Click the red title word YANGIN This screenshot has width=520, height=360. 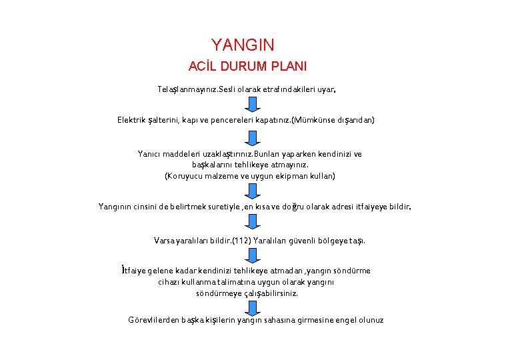(x=243, y=45)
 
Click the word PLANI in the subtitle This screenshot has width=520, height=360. (x=288, y=67)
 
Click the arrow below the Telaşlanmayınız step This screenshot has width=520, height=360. (x=251, y=104)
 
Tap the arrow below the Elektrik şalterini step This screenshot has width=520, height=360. (x=251, y=137)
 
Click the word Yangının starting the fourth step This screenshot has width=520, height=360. (x=117, y=207)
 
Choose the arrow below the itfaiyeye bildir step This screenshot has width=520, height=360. (x=251, y=223)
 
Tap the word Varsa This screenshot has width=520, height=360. (x=164, y=240)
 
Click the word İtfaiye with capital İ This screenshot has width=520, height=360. (x=136, y=271)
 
